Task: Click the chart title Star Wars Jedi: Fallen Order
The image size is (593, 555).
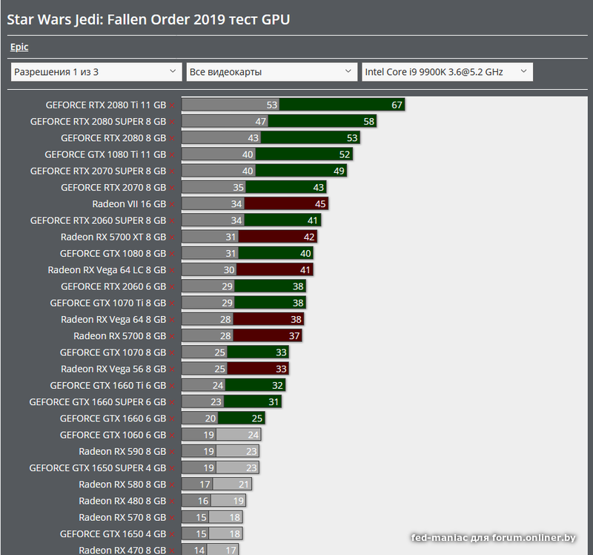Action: [148, 19]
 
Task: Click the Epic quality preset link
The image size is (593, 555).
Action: [19, 47]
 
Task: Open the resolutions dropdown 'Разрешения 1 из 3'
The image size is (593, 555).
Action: [96, 72]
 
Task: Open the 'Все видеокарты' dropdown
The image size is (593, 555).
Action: [271, 72]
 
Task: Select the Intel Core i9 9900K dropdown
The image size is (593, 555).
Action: [447, 72]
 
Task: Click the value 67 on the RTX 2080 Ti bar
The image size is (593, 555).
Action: [397, 105]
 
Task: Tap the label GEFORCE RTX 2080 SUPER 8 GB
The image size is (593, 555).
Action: [98, 122]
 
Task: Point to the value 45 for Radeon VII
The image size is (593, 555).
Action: [320, 204]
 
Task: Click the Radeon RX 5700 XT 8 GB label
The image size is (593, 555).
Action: [113, 237]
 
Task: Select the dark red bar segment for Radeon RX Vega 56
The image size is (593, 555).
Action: [257, 369]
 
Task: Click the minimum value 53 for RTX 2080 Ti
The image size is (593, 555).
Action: [272, 105]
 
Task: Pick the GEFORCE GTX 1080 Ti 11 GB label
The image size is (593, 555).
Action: [105, 154]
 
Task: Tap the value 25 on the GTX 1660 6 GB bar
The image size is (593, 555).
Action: [257, 418]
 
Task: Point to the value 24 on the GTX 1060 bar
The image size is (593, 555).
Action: [254, 435]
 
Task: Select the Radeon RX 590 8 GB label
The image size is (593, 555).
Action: [122, 451]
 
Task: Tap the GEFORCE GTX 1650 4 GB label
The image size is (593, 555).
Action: [113, 533]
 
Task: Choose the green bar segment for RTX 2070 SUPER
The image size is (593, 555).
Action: [300, 171]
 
